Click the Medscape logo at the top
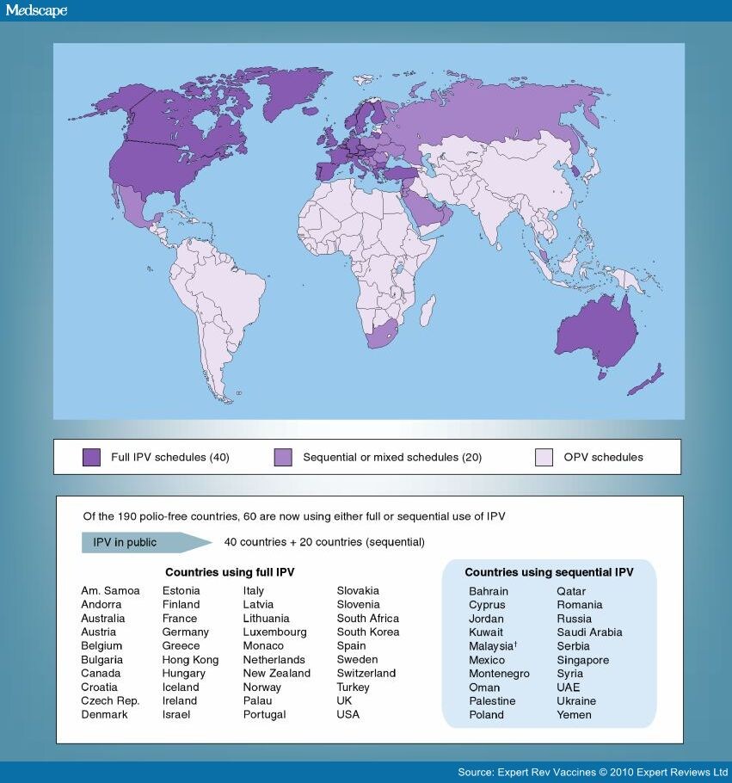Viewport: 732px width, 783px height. [x=36, y=10]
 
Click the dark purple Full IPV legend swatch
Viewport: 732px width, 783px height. [x=92, y=457]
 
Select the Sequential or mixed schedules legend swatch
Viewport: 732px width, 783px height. [x=283, y=457]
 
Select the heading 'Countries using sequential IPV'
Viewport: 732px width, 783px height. [x=549, y=571]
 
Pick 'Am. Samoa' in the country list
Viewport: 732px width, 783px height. [x=110, y=591]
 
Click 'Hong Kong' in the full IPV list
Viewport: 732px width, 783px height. [x=190, y=660]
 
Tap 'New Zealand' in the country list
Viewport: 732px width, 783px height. [x=276, y=674]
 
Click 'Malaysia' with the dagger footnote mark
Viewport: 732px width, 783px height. [x=491, y=646]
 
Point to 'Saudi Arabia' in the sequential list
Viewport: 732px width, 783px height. [x=588, y=632]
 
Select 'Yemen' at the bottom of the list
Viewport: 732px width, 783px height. [x=574, y=715]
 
